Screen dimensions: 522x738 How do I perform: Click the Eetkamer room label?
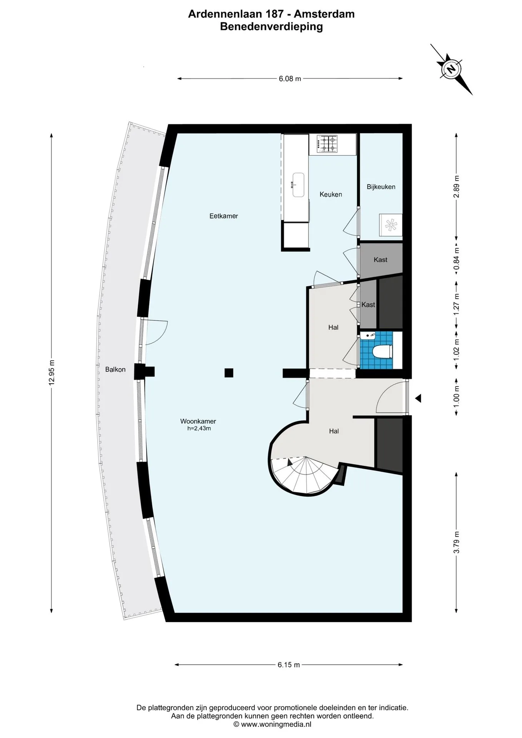click(x=223, y=216)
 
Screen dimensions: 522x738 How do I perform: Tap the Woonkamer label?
click(x=198, y=421)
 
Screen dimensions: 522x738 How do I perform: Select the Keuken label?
click(x=331, y=194)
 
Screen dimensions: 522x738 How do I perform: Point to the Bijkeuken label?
click(x=381, y=187)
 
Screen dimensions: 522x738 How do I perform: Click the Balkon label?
click(x=115, y=370)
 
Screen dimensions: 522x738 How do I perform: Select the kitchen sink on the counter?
click(x=298, y=185)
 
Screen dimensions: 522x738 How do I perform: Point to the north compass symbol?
click(x=451, y=69)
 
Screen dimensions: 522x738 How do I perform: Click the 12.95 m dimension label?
click(x=52, y=372)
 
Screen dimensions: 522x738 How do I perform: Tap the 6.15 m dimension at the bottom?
click(x=289, y=665)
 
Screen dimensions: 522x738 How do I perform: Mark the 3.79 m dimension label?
click(x=457, y=542)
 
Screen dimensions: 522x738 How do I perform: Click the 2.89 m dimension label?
click(x=457, y=186)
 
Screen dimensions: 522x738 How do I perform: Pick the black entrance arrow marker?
click(x=418, y=399)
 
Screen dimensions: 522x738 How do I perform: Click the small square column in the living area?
click(x=229, y=372)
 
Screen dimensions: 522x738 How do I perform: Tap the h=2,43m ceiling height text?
click(x=199, y=429)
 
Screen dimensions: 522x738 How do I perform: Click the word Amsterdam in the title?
click(x=324, y=14)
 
